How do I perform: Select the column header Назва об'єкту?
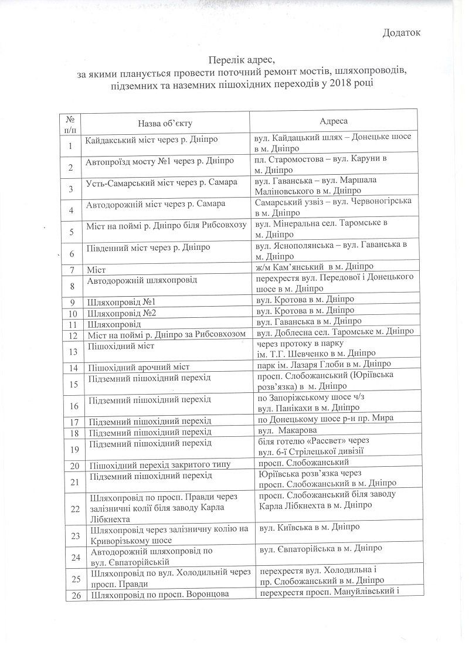(165, 123)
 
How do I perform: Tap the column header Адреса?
(334, 120)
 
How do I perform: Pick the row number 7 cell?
(71, 270)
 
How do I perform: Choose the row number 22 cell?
(71, 508)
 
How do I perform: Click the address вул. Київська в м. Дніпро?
(305, 527)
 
